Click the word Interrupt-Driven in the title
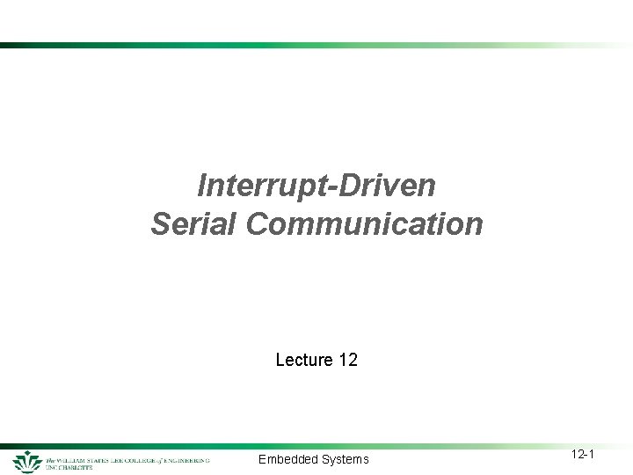(316, 186)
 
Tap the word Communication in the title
(365, 223)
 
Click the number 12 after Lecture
(347, 360)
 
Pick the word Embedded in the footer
(287, 459)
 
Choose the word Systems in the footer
(345, 459)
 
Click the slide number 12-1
(583, 454)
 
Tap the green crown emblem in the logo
(28, 461)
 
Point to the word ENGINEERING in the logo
(191, 459)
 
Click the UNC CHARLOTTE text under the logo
(69, 467)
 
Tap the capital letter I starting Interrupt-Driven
(202, 186)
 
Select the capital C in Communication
(258, 223)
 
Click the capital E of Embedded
(262, 459)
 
